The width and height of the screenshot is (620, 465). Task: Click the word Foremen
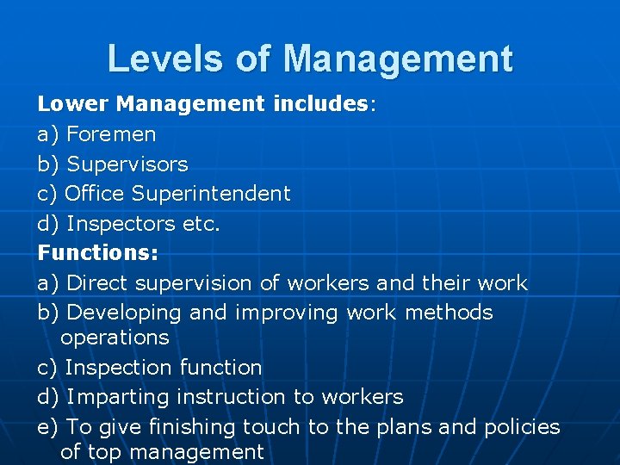pyautogui.click(x=111, y=134)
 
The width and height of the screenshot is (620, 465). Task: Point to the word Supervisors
pyautogui.click(x=127, y=164)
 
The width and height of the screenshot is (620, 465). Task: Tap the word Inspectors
pyautogui.click(x=121, y=224)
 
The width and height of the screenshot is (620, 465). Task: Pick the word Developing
pyautogui.click(x=123, y=313)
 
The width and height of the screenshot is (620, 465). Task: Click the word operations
pyautogui.click(x=115, y=338)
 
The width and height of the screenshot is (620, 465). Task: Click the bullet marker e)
pyautogui.click(x=48, y=427)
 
